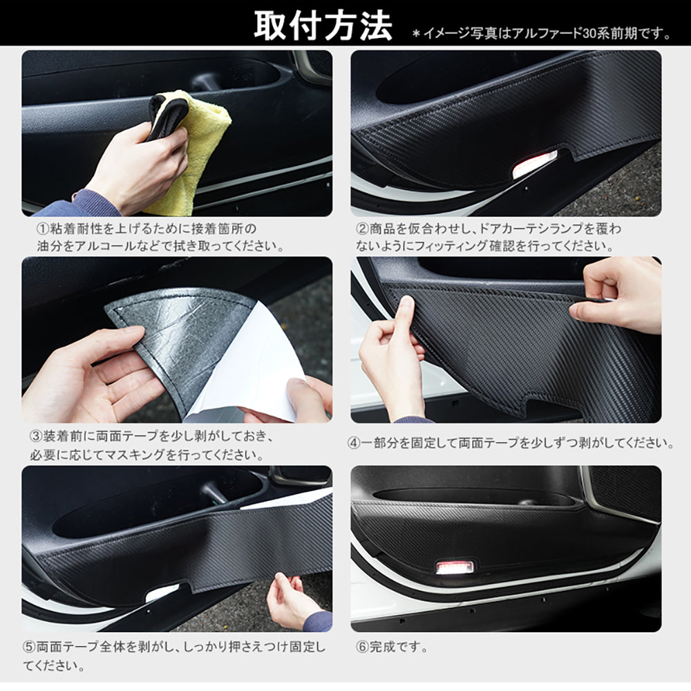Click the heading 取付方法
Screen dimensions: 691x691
(323, 26)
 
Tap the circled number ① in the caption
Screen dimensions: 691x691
(42, 229)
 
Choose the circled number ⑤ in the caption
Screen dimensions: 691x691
(29, 647)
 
